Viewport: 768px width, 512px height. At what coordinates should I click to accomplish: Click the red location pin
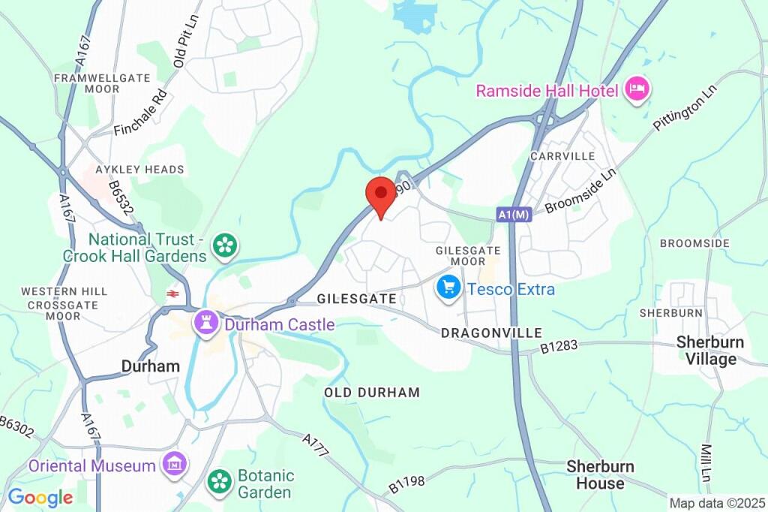(381, 195)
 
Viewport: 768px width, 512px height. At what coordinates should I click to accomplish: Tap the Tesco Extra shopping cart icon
(448, 288)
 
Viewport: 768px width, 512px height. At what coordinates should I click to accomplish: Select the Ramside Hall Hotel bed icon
(638, 90)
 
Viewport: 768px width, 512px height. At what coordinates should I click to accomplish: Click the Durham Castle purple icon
(203, 324)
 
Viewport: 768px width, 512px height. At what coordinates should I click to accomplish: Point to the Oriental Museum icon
(174, 465)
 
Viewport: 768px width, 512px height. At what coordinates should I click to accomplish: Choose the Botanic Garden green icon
(220, 481)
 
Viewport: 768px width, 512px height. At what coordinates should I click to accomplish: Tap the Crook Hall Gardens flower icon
(224, 245)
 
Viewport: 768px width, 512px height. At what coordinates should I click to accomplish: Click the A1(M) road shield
(514, 215)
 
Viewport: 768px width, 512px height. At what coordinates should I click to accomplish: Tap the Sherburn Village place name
(710, 351)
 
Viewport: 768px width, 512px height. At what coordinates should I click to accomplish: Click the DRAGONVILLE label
(491, 332)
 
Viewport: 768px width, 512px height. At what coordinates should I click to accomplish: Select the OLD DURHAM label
(372, 392)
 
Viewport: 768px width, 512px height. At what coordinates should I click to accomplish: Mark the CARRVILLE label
(562, 156)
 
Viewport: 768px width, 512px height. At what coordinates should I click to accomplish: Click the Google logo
(40, 497)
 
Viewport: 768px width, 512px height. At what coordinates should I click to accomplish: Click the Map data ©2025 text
(716, 503)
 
